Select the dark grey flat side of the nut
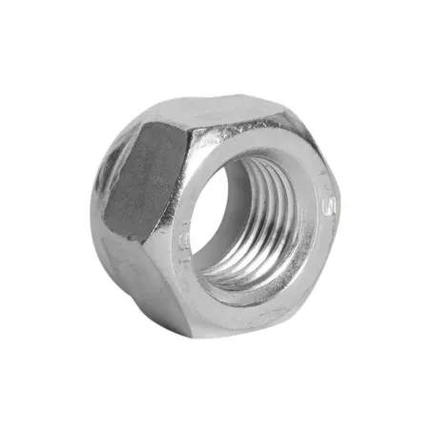pos(143,181)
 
